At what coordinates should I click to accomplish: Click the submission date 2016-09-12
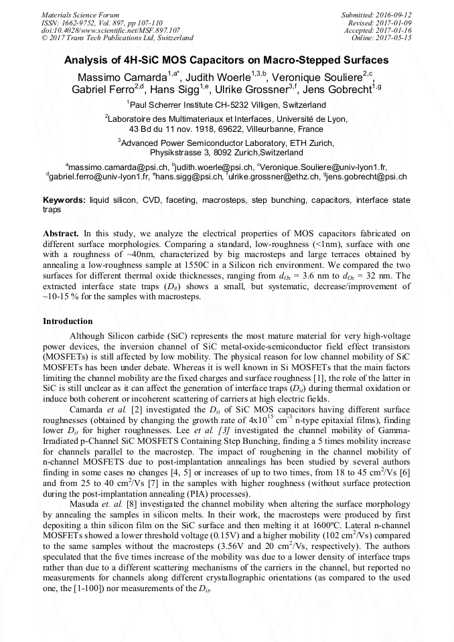[394, 14]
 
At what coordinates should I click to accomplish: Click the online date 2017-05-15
[394, 38]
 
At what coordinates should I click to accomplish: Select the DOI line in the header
[110, 30]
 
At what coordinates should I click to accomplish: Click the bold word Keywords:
[64, 200]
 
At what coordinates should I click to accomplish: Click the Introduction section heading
[68, 321]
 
